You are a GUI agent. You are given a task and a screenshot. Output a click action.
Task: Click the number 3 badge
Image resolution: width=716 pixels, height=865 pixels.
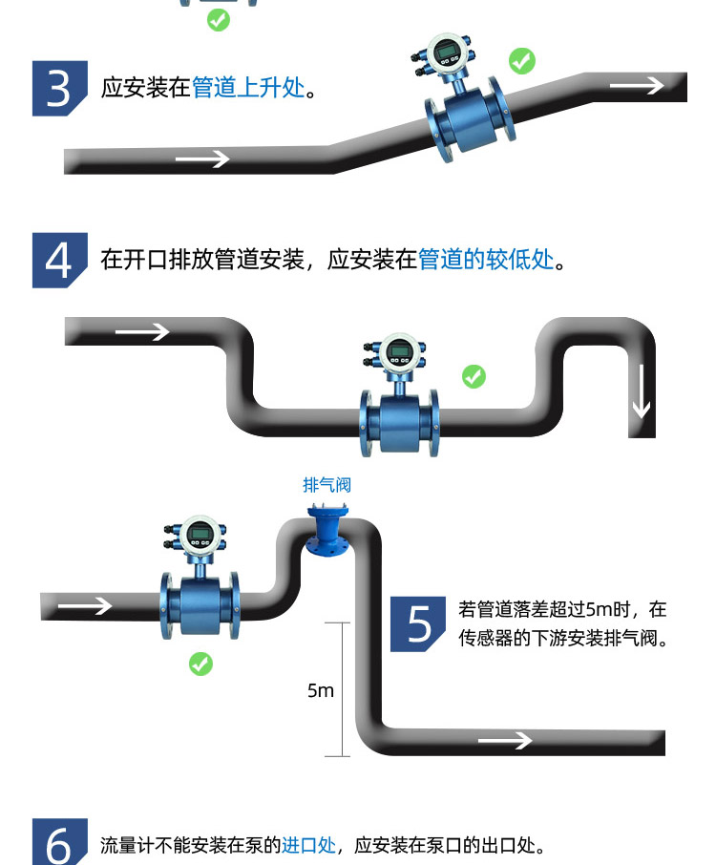click(x=59, y=89)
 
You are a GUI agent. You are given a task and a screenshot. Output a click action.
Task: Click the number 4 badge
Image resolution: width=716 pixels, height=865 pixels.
click(x=59, y=260)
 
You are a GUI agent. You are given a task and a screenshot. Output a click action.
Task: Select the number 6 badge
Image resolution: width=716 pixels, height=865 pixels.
click(x=59, y=844)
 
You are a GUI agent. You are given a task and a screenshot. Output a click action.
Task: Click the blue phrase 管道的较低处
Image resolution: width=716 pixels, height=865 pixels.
click(x=486, y=260)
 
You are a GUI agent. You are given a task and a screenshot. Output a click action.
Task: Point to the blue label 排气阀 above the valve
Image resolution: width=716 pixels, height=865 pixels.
click(x=327, y=485)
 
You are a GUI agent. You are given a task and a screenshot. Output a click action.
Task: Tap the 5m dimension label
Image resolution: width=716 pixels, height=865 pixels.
click(x=322, y=690)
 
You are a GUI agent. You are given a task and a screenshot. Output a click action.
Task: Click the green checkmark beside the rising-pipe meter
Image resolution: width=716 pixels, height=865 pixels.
click(x=521, y=61)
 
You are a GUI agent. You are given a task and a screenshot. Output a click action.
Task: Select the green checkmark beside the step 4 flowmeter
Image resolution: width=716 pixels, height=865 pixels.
click(x=474, y=376)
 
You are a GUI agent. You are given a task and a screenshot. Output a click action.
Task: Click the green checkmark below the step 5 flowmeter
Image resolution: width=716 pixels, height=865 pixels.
click(x=200, y=664)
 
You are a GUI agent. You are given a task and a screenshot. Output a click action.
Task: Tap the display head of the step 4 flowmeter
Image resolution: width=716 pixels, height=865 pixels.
click(x=396, y=351)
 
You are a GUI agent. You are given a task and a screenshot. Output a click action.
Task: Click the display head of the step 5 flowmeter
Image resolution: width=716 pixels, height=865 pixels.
click(x=199, y=534)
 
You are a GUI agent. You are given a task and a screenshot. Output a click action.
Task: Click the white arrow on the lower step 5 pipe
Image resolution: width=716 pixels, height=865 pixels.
click(x=504, y=741)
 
